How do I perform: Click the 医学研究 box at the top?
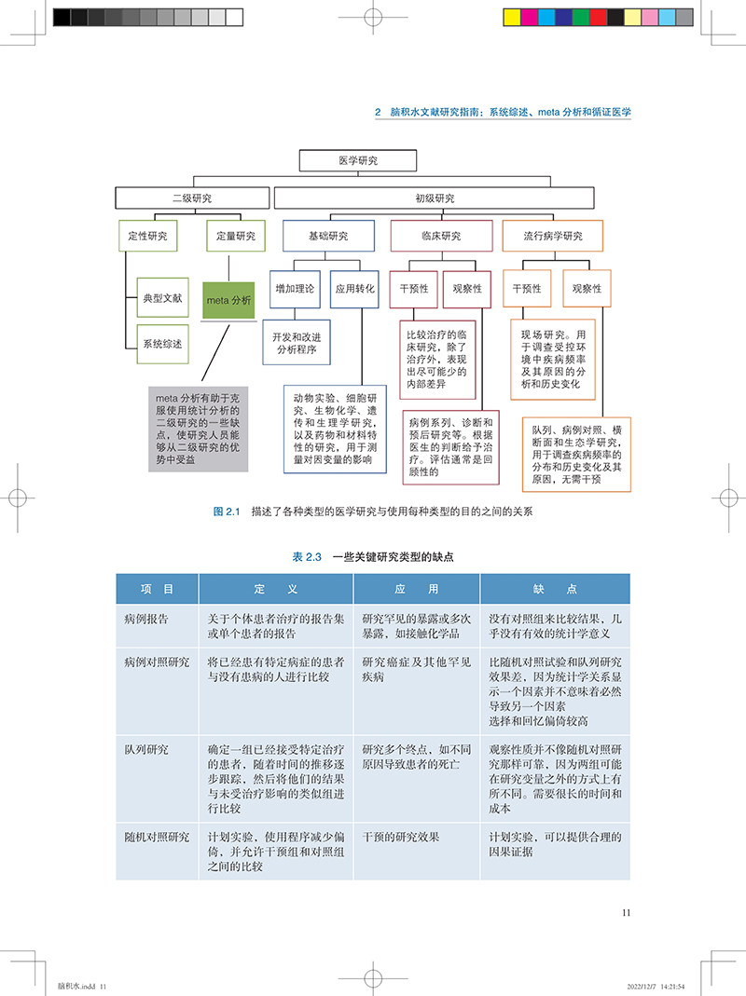(x=357, y=161)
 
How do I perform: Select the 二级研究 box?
(x=192, y=198)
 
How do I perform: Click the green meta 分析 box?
(x=228, y=300)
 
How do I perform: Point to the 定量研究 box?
(x=229, y=236)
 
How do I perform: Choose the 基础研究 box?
(x=328, y=236)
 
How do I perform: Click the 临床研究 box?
(x=441, y=236)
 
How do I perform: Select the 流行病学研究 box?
(x=553, y=236)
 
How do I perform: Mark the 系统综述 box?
(x=162, y=344)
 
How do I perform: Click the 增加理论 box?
(x=295, y=289)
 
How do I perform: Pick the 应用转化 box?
(x=355, y=289)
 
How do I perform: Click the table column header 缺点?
(x=555, y=589)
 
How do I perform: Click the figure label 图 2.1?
(x=227, y=512)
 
